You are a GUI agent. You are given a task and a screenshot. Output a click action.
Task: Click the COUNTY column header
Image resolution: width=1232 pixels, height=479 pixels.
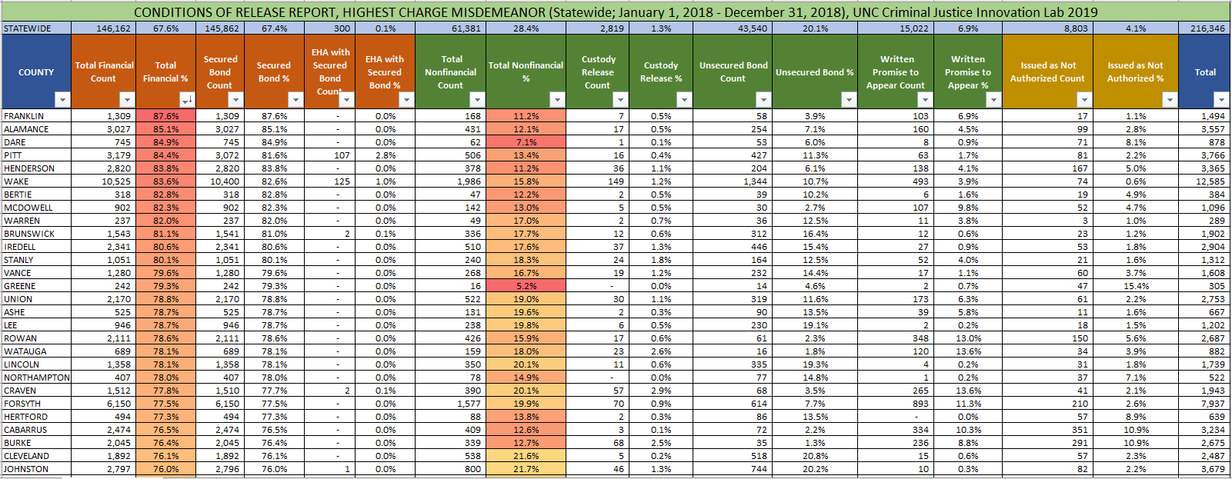point(36,72)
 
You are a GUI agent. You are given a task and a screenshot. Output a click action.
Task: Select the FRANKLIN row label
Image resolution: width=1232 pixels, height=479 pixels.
point(24,116)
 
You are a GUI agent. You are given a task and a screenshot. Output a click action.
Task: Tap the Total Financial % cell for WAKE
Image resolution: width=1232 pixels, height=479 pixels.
point(165,181)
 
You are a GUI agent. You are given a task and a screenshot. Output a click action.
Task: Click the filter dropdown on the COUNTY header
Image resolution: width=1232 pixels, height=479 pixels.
point(62,100)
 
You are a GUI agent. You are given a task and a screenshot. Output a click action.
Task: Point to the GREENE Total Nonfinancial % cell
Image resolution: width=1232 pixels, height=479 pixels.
point(526,286)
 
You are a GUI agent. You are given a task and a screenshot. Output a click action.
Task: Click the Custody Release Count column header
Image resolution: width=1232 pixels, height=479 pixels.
point(598,72)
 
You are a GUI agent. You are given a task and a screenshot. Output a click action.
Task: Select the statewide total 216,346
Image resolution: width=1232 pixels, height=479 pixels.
point(1207,28)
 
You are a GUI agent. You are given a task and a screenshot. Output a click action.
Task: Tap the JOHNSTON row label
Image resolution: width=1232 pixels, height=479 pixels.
point(26,469)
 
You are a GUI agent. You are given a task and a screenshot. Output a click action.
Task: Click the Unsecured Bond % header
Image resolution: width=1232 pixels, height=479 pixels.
point(814,72)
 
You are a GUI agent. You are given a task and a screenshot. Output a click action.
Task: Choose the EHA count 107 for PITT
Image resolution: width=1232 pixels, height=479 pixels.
point(342,155)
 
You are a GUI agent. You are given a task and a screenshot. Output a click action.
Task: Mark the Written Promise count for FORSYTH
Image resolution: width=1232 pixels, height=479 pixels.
point(920,404)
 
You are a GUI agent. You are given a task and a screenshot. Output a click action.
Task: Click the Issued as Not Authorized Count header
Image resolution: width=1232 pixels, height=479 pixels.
point(1047,72)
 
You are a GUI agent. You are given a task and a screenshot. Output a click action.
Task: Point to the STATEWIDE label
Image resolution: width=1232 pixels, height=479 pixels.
point(28,28)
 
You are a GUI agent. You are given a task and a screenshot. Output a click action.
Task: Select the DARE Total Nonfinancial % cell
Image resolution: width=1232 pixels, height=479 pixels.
point(526,142)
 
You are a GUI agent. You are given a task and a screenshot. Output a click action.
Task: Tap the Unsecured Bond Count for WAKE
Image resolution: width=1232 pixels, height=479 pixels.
point(755,181)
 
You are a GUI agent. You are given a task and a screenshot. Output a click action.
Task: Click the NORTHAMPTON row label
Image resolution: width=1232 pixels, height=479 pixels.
point(36,378)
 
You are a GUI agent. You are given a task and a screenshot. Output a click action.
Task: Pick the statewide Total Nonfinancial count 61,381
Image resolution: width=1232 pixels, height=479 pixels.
point(466,28)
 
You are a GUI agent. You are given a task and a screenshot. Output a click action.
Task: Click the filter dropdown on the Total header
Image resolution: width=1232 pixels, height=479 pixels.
point(1220,100)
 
